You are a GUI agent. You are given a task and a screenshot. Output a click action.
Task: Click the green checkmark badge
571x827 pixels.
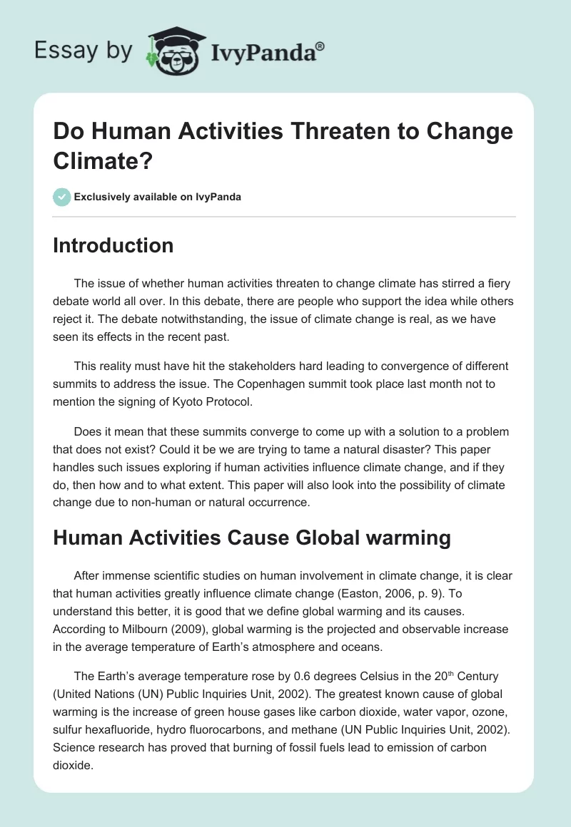tap(62, 197)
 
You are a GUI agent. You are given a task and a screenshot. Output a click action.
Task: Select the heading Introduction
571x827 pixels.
tap(113, 245)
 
